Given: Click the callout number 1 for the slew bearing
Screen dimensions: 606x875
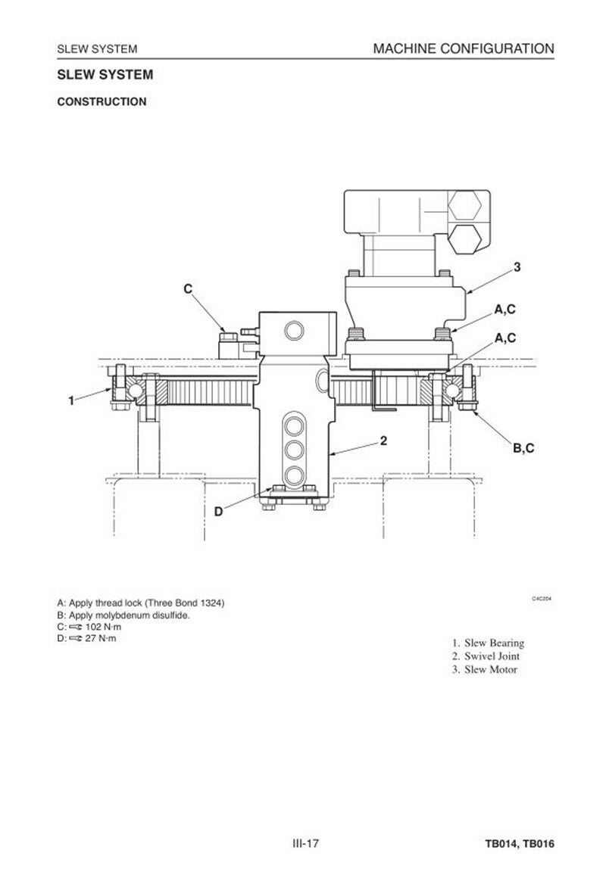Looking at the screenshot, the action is [x=71, y=400].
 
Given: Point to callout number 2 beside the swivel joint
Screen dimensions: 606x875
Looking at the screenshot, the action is [x=384, y=441].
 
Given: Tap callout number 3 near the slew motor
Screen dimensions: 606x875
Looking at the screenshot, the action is [x=517, y=267].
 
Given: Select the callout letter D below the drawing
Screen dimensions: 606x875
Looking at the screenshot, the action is [x=218, y=511].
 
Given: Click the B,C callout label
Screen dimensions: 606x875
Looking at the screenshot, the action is [x=523, y=448].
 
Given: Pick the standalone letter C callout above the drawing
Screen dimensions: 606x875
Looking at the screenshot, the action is [x=188, y=289].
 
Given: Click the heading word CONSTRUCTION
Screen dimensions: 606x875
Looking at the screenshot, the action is [x=102, y=101].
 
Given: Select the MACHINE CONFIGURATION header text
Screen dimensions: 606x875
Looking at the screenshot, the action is [x=464, y=48].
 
